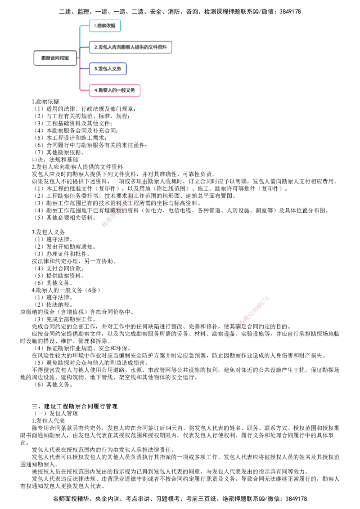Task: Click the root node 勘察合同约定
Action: click(x=55, y=58)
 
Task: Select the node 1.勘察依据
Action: click(x=105, y=26)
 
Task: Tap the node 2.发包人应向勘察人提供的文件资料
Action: click(x=130, y=47)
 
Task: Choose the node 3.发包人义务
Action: click(x=108, y=69)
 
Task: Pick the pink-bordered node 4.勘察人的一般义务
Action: click(x=115, y=90)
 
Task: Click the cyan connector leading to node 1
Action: click(x=80, y=36)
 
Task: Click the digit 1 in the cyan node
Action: click(x=95, y=26)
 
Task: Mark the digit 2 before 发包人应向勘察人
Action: click(x=95, y=47)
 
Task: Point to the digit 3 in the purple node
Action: click(x=95, y=69)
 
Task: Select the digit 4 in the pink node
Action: click(x=95, y=90)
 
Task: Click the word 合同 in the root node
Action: click(x=55, y=58)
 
